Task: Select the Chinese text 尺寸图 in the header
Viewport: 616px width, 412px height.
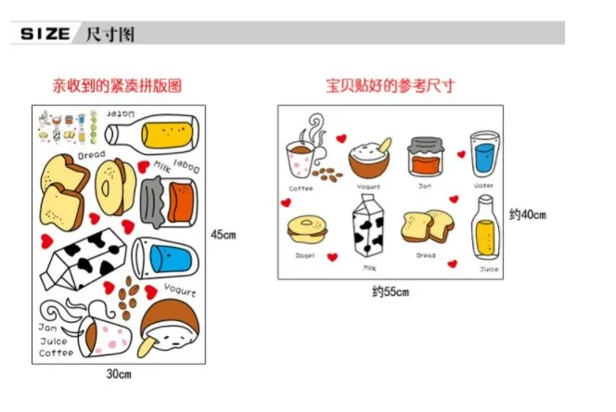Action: pyautogui.click(x=110, y=34)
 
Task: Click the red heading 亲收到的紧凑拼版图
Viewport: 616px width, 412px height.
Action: pyautogui.click(x=116, y=85)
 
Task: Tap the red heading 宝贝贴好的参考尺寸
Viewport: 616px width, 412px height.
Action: pyautogui.click(x=390, y=85)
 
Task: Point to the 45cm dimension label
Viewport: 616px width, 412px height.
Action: pyautogui.click(x=224, y=234)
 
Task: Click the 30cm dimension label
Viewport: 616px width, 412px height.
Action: pyautogui.click(x=119, y=374)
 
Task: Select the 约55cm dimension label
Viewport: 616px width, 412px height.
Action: pyautogui.click(x=391, y=292)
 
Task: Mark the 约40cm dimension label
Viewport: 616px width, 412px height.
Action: pyautogui.click(x=527, y=214)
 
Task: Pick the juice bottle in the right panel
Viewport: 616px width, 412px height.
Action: pyautogui.click(x=487, y=230)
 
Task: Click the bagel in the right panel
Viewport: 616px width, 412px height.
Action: pyautogui.click(x=304, y=228)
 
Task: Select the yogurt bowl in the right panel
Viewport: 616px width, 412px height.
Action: pyautogui.click(x=368, y=156)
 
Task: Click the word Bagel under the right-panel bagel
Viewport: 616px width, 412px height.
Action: pyautogui.click(x=304, y=255)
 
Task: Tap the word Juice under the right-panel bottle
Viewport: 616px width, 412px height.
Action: pyautogui.click(x=488, y=269)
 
